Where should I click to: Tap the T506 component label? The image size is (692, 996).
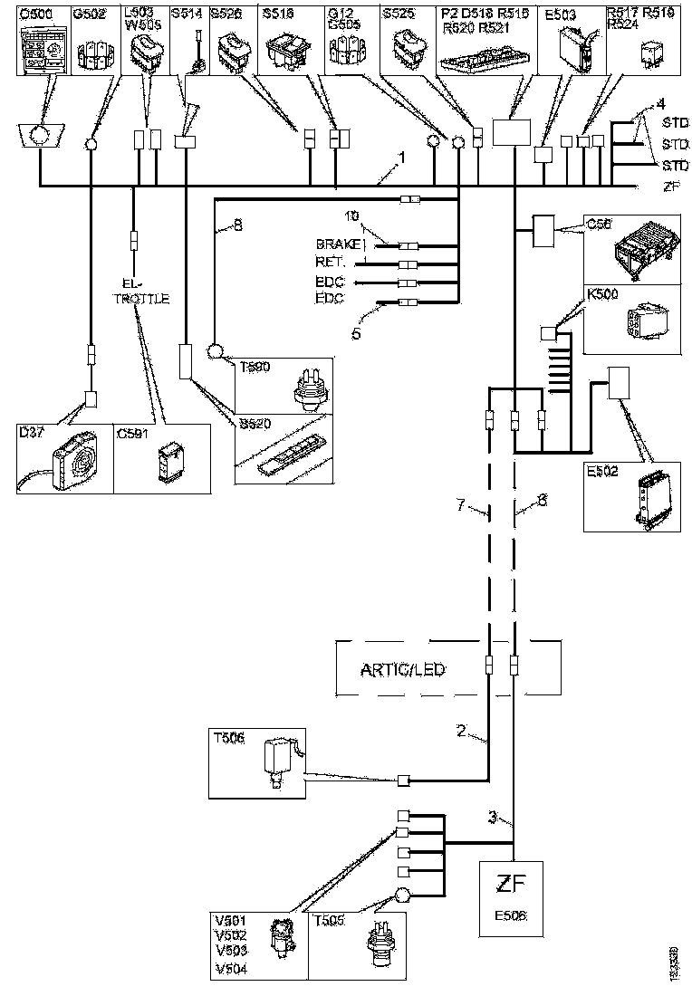pyautogui.click(x=227, y=738)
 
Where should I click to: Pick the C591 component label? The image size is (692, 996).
pyautogui.click(x=132, y=432)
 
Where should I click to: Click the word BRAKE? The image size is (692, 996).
pyautogui.click(x=337, y=244)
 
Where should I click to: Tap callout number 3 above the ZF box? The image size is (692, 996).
pyautogui.click(x=493, y=818)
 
